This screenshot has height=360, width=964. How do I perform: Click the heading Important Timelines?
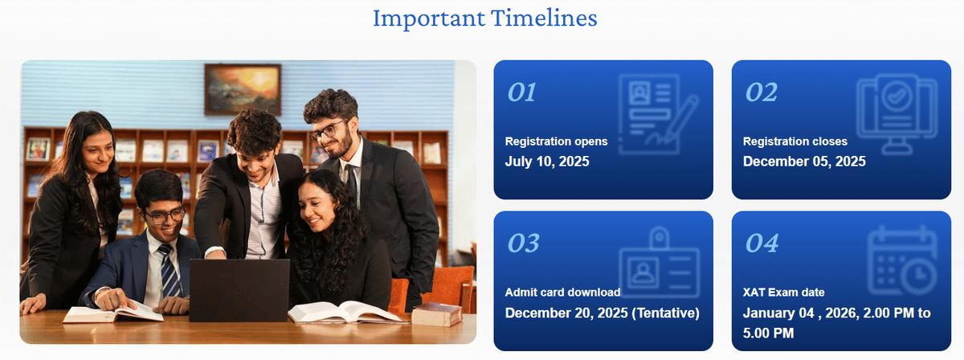pyautogui.click(x=484, y=18)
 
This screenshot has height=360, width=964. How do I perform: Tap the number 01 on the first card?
pyautogui.click(x=521, y=93)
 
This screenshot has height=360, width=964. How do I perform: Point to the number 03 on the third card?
pyautogui.click(x=523, y=243)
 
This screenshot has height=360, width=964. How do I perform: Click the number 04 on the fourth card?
pyautogui.click(x=762, y=243)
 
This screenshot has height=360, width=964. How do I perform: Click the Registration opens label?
pyautogui.click(x=556, y=141)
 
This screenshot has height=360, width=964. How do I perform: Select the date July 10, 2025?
pyautogui.click(x=547, y=162)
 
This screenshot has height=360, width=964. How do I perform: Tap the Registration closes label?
pyautogui.click(x=794, y=141)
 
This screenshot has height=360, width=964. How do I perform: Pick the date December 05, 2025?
pyautogui.click(x=804, y=162)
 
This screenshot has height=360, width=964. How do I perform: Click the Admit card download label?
pyautogui.click(x=562, y=292)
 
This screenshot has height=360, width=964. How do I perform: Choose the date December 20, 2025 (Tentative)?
pyautogui.click(x=602, y=313)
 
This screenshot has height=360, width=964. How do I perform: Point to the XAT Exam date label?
pyautogui.click(x=783, y=292)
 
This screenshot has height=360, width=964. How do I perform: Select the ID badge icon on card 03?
pyautogui.click(x=659, y=265)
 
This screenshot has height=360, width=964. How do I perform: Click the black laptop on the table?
pyautogui.click(x=239, y=290)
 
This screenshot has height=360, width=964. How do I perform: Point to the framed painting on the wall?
pyautogui.click(x=242, y=90)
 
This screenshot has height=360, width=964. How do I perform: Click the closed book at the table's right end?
pyautogui.click(x=436, y=315)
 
